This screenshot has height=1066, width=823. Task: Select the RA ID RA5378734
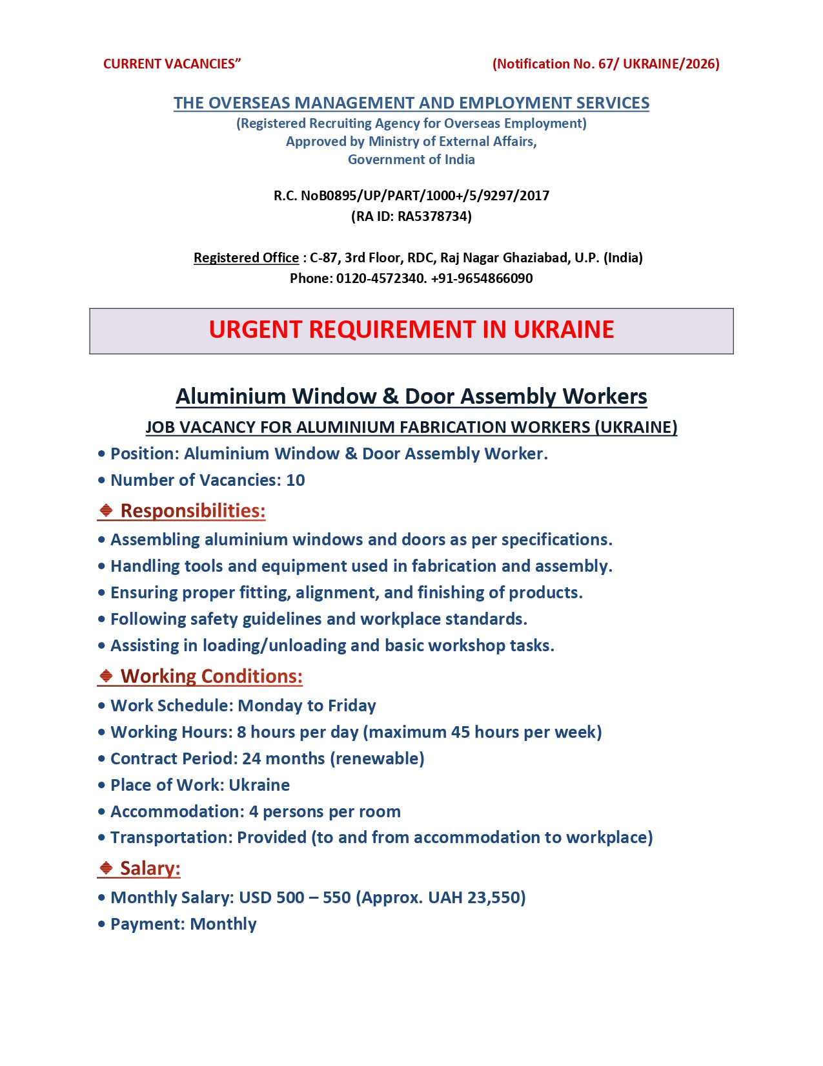tap(434, 216)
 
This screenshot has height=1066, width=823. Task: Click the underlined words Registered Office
tap(246, 258)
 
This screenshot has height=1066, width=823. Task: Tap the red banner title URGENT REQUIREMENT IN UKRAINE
tap(411, 330)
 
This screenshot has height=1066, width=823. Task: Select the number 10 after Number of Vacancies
tap(296, 480)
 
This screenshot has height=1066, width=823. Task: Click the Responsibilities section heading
tap(192, 511)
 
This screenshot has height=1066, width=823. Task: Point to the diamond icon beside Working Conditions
tap(107, 676)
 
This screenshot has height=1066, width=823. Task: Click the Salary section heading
tap(150, 868)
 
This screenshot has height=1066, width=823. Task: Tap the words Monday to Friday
tap(307, 705)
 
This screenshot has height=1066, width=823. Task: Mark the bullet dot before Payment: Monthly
tap(101, 925)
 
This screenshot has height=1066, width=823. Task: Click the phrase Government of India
tap(411, 160)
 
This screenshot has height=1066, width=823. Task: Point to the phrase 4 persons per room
tap(325, 811)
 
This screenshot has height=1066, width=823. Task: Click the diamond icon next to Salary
tap(107, 868)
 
